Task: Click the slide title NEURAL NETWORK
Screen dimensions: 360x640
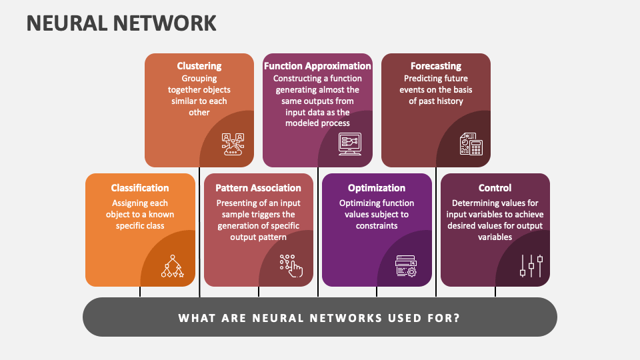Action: [x=121, y=23]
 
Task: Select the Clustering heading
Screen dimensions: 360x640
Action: [x=199, y=66]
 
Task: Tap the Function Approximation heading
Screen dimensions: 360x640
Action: [x=317, y=66]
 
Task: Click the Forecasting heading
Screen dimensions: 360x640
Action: [x=435, y=66]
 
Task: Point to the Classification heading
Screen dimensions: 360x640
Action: [x=140, y=188]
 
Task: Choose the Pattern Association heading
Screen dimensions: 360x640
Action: [x=258, y=188]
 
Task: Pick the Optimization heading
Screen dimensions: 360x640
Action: [x=377, y=188]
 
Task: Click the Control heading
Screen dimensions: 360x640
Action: [x=495, y=188]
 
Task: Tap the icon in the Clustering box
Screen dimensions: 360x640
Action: [x=233, y=144]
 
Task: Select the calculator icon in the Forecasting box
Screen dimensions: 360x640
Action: [x=471, y=144]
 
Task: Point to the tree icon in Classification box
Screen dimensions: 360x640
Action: [x=172, y=266]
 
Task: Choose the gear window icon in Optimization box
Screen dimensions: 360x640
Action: [x=406, y=266]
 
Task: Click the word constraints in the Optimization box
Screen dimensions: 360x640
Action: [x=377, y=225]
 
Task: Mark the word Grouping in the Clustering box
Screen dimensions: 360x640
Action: [x=199, y=78]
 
